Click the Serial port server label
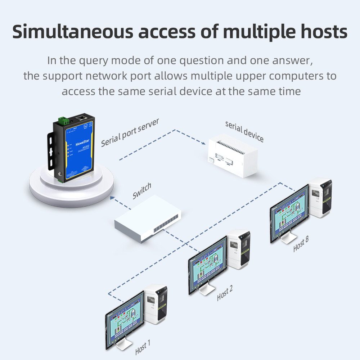click(x=130, y=132)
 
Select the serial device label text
click(x=244, y=131)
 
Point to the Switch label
click(x=142, y=191)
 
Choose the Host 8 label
click(x=301, y=244)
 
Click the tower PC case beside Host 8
click(x=320, y=198)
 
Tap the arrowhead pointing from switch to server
click(x=112, y=197)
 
